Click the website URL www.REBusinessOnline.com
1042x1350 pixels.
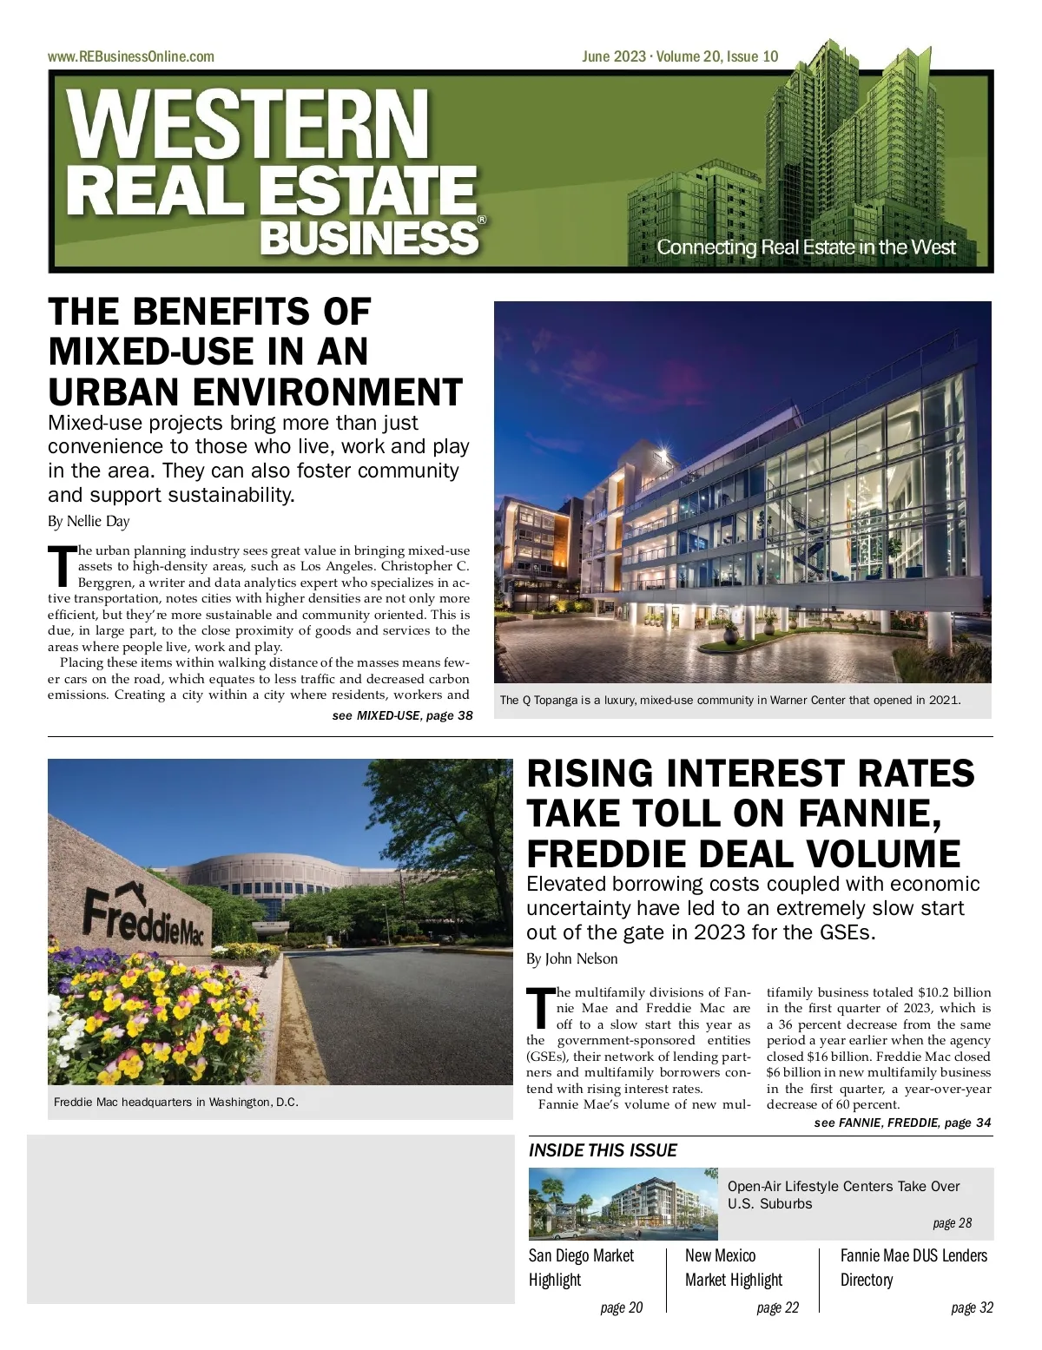pyautogui.click(x=130, y=56)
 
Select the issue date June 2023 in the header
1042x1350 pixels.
pyautogui.click(x=613, y=56)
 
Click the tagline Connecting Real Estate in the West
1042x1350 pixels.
pyautogui.click(x=805, y=247)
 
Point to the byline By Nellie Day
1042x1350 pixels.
pyautogui.click(x=89, y=522)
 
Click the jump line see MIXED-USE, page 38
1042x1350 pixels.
pyautogui.click(x=402, y=715)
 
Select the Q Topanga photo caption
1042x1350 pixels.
pyautogui.click(x=729, y=700)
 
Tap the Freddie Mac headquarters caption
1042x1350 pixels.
pyautogui.click(x=175, y=1102)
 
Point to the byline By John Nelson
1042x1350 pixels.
pyautogui.click(x=572, y=959)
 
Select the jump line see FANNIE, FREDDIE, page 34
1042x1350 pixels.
pyautogui.click(x=902, y=1123)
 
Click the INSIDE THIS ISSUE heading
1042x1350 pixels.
pyautogui.click(x=603, y=1150)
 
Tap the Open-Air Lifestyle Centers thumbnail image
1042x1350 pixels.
pyautogui.click(x=623, y=1203)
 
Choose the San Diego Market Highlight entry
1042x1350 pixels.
pyautogui.click(x=581, y=1268)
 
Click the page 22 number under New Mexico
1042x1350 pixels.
pyautogui.click(x=777, y=1307)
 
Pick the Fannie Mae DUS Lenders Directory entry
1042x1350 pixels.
pyautogui.click(x=913, y=1268)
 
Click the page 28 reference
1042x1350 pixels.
pyautogui.click(x=952, y=1223)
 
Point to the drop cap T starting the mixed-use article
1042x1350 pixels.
pyautogui.click(x=62, y=565)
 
